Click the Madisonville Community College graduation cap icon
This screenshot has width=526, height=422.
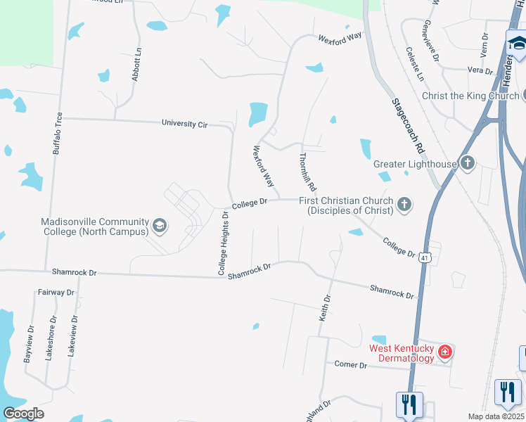click(160, 226)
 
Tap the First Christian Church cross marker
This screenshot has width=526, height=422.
click(404, 205)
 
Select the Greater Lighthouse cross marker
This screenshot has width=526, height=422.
click(468, 165)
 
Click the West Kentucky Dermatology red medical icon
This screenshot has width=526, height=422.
click(444, 351)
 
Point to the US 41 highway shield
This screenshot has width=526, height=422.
click(425, 258)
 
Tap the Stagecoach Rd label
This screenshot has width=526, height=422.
click(409, 127)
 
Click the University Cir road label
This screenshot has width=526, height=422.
click(184, 124)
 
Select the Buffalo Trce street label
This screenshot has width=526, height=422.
click(58, 134)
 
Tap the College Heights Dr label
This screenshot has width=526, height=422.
click(223, 243)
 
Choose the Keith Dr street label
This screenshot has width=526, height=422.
click(324, 308)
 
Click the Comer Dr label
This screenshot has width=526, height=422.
click(351, 365)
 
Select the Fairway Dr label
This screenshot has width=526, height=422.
click(56, 292)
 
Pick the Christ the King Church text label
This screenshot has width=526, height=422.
click(470, 96)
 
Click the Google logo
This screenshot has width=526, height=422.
click(23, 414)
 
